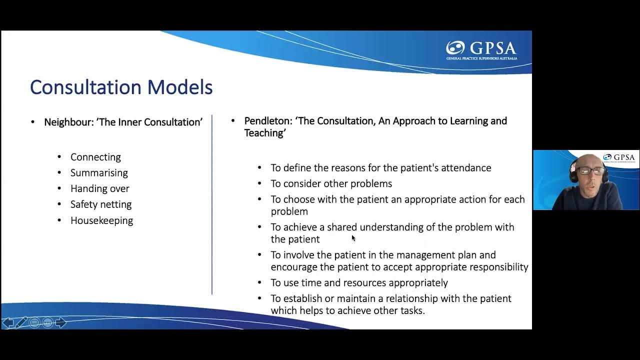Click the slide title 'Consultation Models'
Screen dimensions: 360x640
point(121,87)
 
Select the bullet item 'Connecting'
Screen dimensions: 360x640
point(95,157)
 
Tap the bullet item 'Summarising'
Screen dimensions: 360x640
point(99,173)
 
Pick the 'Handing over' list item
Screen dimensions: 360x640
point(99,188)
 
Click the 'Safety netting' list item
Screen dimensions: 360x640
point(101,204)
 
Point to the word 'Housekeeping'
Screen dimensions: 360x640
point(101,220)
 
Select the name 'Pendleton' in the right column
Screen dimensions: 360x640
point(267,121)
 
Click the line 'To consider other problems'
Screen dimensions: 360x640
point(331,183)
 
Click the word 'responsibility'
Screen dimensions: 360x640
point(497,267)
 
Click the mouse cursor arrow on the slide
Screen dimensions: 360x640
point(353,238)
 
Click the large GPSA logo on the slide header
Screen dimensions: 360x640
point(481,49)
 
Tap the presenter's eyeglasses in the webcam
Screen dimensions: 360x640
point(591,170)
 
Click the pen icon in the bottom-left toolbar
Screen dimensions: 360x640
point(21,322)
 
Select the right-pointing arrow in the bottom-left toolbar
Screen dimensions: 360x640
point(61,322)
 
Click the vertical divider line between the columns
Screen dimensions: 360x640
point(212,205)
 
